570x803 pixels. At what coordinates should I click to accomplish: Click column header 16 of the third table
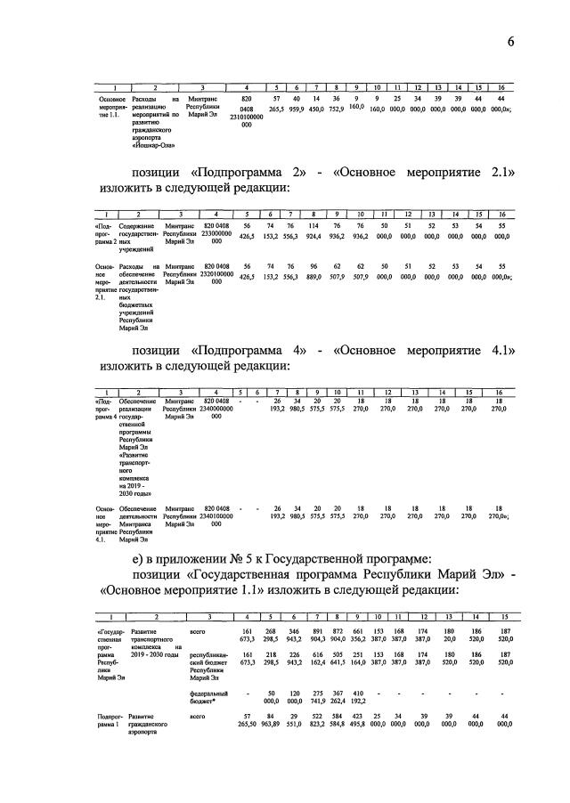[500, 393]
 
